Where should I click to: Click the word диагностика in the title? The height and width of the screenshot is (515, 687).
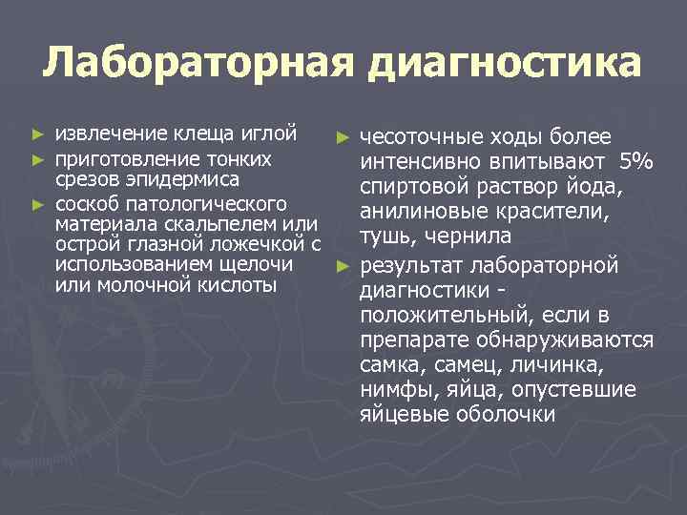[x=504, y=65]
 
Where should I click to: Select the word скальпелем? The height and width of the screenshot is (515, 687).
[x=246, y=225]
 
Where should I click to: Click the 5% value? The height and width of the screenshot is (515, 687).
[x=635, y=163]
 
